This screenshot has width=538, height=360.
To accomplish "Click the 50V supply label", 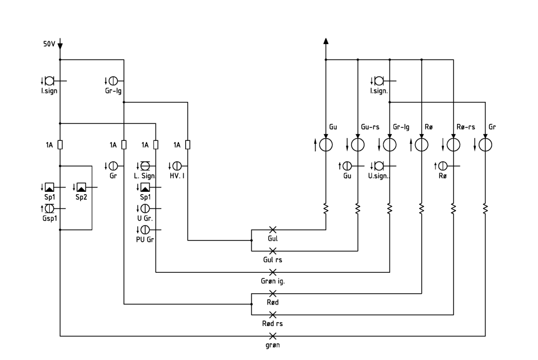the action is (49, 44).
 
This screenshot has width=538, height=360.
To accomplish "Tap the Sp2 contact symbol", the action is (82, 187).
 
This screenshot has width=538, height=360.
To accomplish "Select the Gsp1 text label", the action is (50, 218).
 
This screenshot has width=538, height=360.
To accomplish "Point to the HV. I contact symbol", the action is (177, 166).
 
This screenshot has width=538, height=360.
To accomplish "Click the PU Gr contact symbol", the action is (145, 230).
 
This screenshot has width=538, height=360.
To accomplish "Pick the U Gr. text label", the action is (145, 218).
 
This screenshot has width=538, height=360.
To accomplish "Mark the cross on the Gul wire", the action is (273, 230).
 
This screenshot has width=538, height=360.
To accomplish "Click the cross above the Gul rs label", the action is (273, 251).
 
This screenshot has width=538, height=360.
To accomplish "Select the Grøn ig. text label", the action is (273, 281).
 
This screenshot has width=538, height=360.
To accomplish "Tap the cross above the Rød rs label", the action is (273, 315).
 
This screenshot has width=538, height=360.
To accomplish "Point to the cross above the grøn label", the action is (273, 336).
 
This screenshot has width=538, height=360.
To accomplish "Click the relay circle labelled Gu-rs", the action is (358, 145).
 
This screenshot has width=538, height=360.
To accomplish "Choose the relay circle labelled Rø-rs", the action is (454, 145).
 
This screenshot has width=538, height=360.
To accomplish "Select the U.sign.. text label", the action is (379, 176).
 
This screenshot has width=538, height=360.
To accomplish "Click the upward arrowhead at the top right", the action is (326, 41).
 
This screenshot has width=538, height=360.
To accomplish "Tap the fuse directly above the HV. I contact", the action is (187, 145).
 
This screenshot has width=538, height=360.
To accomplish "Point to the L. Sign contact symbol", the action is (145, 166).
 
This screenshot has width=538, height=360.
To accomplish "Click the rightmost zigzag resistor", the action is (485, 208).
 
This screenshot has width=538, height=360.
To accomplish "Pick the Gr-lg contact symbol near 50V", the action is (113, 81).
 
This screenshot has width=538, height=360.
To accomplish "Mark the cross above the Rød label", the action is (273, 293).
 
